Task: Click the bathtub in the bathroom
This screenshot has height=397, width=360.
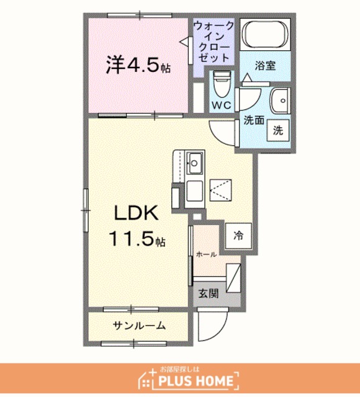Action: tap(265, 34)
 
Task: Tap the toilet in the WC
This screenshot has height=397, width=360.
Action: tap(222, 84)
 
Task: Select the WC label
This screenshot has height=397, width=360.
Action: tap(222, 105)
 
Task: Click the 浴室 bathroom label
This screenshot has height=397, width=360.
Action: tap(265, 66)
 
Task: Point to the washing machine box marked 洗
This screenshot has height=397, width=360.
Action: tap(278, 131)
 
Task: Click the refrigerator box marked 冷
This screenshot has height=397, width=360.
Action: tap(238, 236)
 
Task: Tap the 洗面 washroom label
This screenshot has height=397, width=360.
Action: tap(254, 120)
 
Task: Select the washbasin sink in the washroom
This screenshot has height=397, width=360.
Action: tap(280, 100)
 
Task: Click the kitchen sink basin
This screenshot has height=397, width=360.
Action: tap(194, 163)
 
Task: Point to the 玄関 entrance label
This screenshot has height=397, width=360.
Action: tap(208, 293)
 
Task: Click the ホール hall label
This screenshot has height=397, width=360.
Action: tap(206, 254)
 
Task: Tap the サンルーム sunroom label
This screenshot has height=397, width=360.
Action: tap(139, 325)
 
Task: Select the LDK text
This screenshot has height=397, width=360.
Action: tap(137, 213)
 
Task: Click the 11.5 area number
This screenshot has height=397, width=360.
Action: tap(137, 239)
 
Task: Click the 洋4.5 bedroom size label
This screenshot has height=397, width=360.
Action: tap(138, 65)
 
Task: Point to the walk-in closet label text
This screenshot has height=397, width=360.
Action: tap(214, 42)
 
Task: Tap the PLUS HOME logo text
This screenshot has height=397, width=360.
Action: tap(195, 380)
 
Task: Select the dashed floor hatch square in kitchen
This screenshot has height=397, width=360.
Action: tap(221, 190)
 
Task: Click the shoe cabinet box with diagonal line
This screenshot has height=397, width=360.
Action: tap(233, 279)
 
